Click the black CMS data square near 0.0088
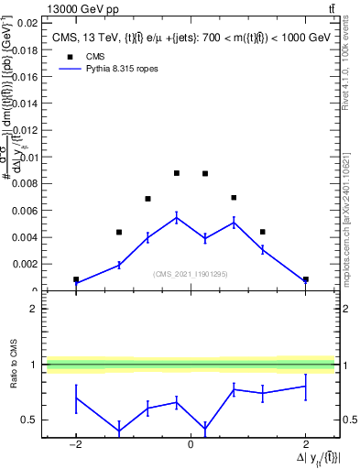[177, 173]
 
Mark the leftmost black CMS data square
[76, 279]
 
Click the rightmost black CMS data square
[305, 279]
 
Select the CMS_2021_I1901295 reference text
[191, 273]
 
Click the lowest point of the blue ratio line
[119, 431]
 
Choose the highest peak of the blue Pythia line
[177, 217]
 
